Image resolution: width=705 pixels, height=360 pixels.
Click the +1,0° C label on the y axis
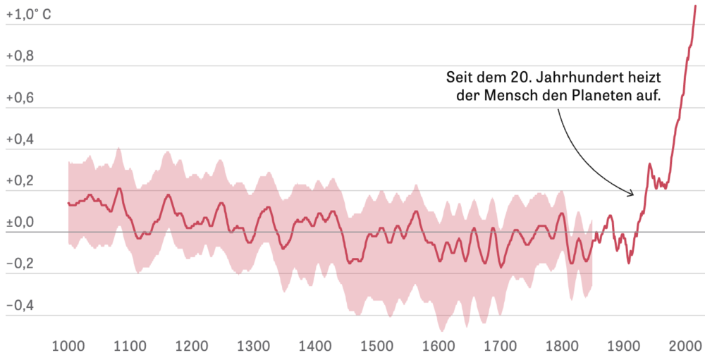click(x=28, y=14)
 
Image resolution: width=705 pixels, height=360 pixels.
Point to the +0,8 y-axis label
click(x=20, y=56)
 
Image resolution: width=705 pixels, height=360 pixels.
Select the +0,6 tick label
click(x=20, y=97)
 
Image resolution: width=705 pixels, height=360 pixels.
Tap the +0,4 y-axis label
click(x=20, y=139)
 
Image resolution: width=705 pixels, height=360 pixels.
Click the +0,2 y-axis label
click(x=20, y=180)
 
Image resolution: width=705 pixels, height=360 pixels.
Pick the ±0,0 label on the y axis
click(x=20, y=222)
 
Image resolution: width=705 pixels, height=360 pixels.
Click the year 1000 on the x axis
click(x=68, y=346)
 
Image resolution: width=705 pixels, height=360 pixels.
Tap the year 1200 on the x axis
click(x=192, y=346)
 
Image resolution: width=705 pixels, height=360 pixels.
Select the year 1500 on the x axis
click(x=376, y=346)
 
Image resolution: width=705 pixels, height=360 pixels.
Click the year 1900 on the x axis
click(x=623, y=346)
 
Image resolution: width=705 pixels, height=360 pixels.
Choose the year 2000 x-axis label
click(x=683, y=346)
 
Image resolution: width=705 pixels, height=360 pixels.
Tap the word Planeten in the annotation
click(x=603, y=97)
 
